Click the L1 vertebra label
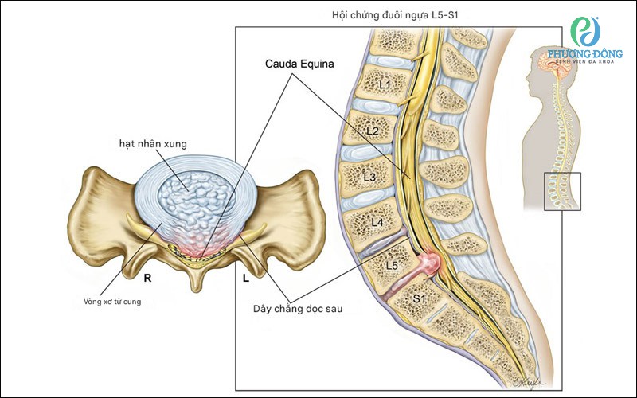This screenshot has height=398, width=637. tap(385, 84)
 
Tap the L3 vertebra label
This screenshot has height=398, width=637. tap(369, 177)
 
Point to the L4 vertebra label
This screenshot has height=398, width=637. tap(377, 221)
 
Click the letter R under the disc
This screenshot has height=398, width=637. tap(148, 279)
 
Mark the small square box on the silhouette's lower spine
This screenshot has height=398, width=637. tap(562, 191)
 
